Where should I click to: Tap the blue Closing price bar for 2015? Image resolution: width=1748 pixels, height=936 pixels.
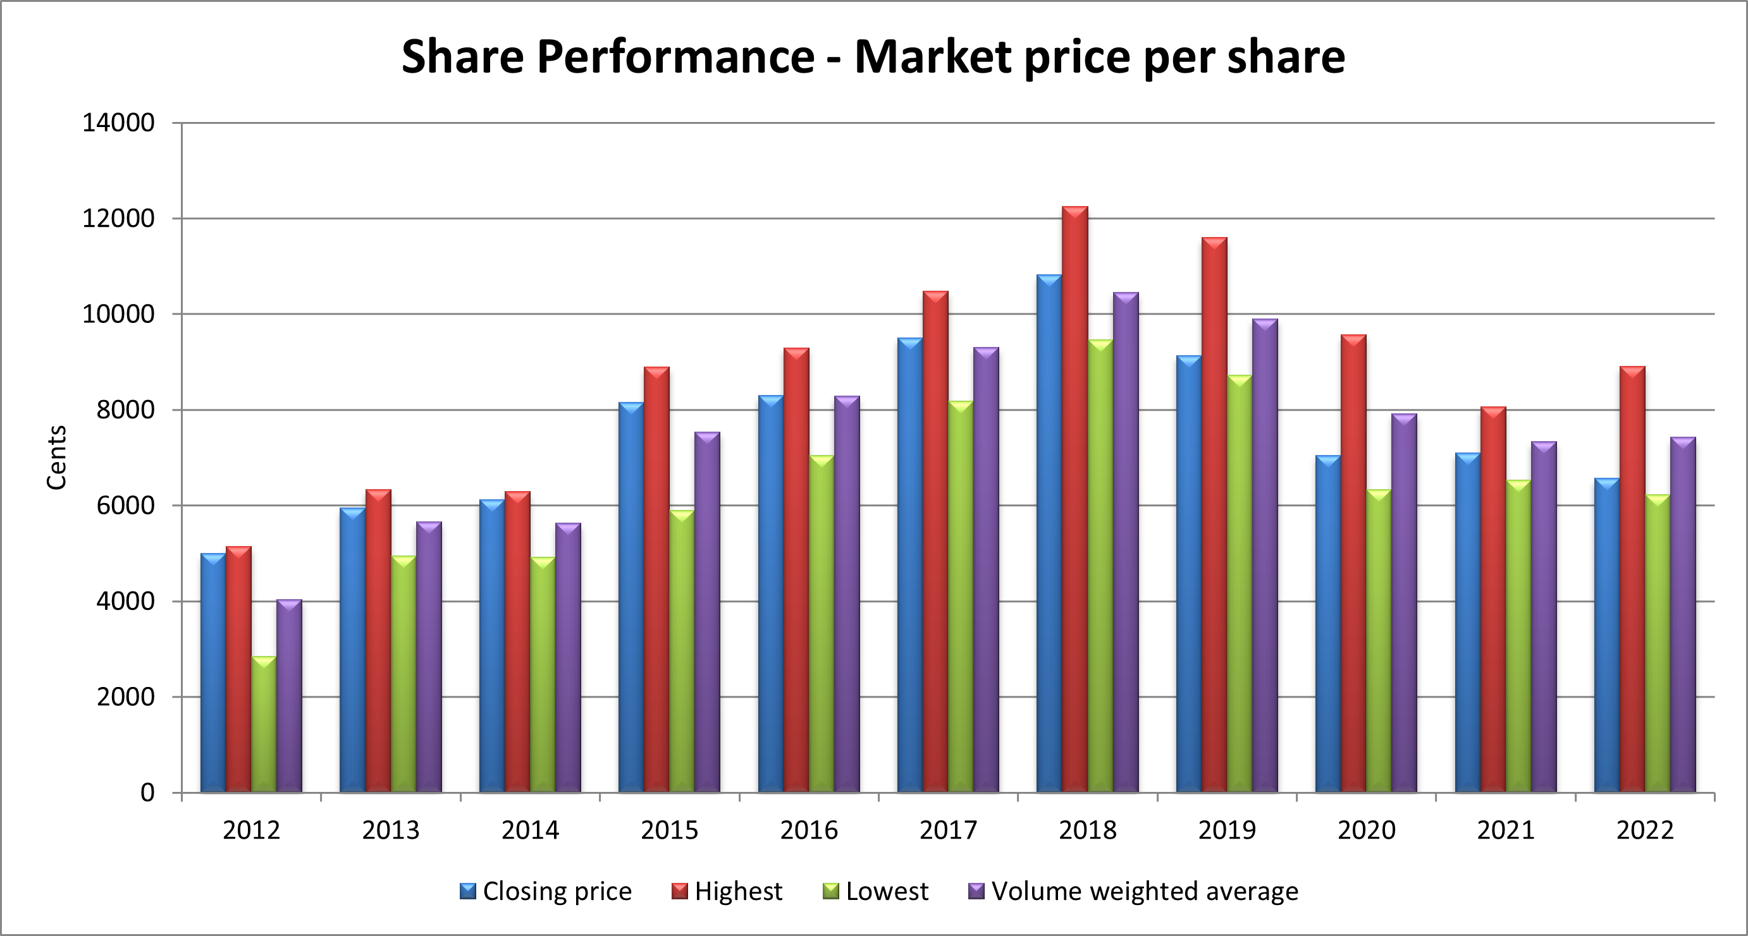(x=631, y=597)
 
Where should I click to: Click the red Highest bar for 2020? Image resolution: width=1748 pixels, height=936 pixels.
(x=1354, y=563)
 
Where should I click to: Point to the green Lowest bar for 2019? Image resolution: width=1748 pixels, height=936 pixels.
(x=1240, y=583)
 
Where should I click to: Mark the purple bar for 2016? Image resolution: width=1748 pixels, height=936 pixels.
(x=847, y=594)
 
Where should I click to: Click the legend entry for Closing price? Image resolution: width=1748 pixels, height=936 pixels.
(x=546, y=891)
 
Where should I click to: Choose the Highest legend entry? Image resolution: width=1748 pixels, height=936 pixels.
(x=727, y=891)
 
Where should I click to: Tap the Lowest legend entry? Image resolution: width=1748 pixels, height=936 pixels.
(x=875, y=891)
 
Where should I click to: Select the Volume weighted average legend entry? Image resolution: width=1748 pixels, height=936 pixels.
(x=1133, y=891)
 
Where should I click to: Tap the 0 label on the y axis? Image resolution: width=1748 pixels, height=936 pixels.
(x=147, y=792)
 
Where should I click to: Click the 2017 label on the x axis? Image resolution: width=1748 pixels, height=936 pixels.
(x=948, y=830)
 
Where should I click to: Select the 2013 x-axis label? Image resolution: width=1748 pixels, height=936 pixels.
(x=390, y=830)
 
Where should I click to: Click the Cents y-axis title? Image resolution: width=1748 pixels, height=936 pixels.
(x=57, y=457)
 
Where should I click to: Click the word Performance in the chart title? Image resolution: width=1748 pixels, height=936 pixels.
(x=675, y=56)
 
